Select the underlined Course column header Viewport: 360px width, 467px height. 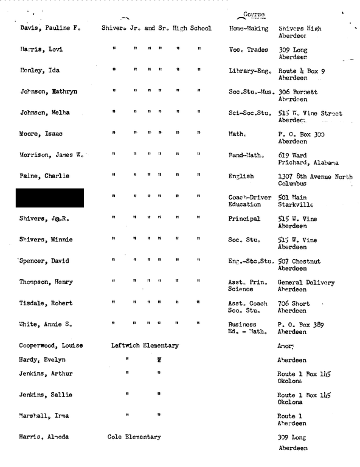254,14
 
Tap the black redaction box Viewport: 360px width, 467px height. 52,198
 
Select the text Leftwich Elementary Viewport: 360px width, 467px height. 145,345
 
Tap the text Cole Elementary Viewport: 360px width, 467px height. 134,437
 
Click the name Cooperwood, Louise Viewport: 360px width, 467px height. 51,345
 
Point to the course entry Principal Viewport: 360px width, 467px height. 244,219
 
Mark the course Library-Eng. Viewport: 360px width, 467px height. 249,71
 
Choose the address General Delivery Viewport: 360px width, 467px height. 306,282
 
